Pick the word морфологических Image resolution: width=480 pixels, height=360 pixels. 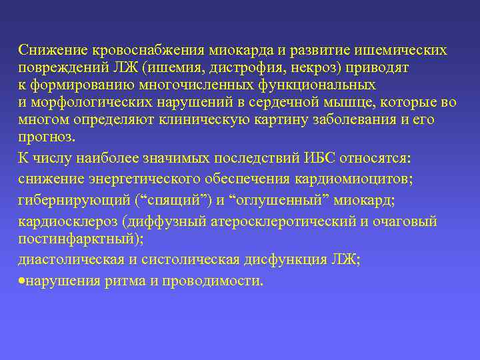click(83, 103)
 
